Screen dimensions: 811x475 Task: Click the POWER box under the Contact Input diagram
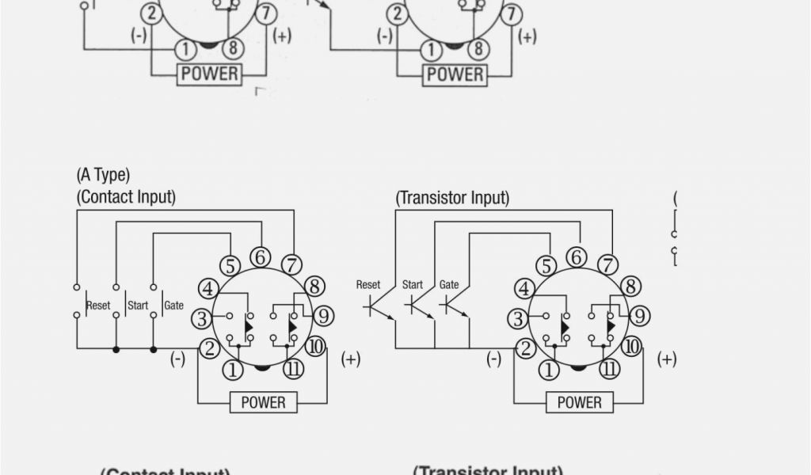pyautogui.click(x=263, y=402)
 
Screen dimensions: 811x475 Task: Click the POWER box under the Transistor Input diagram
pyautogui.click(x=580, y=402)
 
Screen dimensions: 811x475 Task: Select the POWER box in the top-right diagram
pyautogui.click(x=455, y=75)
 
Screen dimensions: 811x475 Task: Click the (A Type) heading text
pyautogui.click(x=103, y=175)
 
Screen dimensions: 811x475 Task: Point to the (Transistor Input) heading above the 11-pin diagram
pyautogui.click(x=452, y=198)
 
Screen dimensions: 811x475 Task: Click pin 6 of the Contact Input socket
pyautogui.click(x=261, y=257)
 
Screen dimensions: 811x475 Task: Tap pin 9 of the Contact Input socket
pyautogui.click(x=323, y=316)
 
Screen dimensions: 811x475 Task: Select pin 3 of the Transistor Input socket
pyautogui.click(x=518, y=319)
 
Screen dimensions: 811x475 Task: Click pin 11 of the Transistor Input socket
pyautogui.click(x=609, y=369)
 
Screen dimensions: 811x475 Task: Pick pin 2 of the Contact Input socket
pyautogui.click(x=209, y=348)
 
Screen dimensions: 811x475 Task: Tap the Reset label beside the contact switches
pyautogui.click(x=98, y=306)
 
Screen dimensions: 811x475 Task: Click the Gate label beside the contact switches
pyautogui.click(x=174, y=306)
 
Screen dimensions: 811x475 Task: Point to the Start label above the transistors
pyautogui.click(x=413, y=285)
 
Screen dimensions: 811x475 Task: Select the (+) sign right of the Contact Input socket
pyautogui.click(x=350, y=359)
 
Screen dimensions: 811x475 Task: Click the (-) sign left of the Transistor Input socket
pyautogui.click(x=494, y=359)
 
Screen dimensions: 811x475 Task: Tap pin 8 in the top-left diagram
pyautogui.click(x=232, y=49)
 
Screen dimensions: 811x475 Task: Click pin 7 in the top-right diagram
pyautogui.click(x=512, y=13)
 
